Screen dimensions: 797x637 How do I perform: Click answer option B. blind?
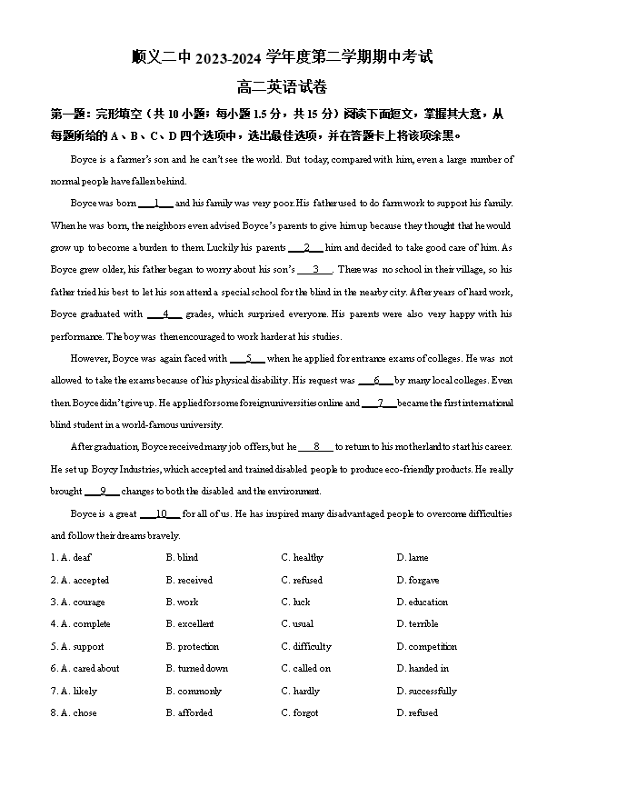click(x=182, y=558)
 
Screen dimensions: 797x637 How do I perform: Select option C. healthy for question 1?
click(x=303, y=558)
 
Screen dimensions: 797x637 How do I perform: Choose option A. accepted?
click(x=85, y=580)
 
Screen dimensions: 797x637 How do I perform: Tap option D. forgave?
click(x=418, y=580)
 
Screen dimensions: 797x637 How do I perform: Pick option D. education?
click(x=423, y=602)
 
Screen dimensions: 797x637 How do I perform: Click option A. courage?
click(x=83, y=602)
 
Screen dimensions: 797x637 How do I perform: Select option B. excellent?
click(x=190, y=624)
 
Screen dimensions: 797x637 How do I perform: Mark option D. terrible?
click(x=418, y=624)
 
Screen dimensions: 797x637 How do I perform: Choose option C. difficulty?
click(x=306, y=647)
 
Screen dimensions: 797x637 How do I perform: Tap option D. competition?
click(x=427, y=647)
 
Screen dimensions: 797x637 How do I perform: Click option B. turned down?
click(x=197, y=669)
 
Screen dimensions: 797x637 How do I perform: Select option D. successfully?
click(x=427, y=692)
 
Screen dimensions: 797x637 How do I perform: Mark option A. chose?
click(x=79, y=713)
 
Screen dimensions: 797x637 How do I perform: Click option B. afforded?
click(x=189, y=713)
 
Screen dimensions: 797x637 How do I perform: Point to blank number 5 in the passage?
click(x=248, y=359)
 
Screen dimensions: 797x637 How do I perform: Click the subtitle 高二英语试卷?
click(x=282, y=87)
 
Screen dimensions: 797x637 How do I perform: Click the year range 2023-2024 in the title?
click(x=228, y=58)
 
